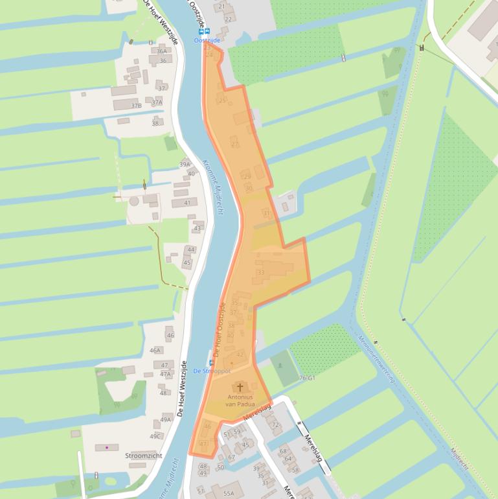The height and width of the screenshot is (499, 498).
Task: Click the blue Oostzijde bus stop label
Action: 207,40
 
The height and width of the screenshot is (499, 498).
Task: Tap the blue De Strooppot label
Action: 212,371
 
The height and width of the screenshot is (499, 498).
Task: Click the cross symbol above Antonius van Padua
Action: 240,387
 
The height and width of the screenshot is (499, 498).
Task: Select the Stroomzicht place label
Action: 143,456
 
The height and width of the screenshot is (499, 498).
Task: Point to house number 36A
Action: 161,51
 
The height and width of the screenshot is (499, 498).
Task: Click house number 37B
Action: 136,106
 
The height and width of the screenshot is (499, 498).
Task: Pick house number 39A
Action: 185,165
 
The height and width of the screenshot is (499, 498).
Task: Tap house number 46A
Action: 155,351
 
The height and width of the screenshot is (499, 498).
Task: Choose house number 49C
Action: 155,436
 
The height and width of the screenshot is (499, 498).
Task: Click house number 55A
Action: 229,494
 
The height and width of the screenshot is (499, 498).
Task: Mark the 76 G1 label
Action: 307,378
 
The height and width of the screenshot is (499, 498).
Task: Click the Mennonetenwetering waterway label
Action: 376,359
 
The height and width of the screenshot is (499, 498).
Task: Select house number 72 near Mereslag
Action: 276,424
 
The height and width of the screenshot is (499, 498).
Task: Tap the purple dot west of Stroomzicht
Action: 106,447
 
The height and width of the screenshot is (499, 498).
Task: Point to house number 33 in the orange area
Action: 261,272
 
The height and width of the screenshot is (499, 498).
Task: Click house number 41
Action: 187,203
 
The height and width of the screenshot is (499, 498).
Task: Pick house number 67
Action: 231,458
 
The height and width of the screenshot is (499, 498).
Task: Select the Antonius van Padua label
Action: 241,400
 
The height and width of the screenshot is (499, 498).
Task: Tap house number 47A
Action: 165,374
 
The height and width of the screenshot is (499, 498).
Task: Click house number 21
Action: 222,6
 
